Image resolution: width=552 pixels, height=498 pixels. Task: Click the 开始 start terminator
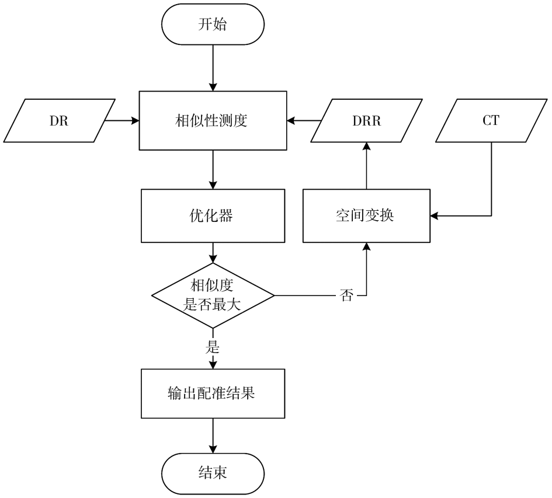tap(213, 25)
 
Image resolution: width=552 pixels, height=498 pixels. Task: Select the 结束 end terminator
tap(213, 473)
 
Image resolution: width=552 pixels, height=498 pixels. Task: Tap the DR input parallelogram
tap(59, 121)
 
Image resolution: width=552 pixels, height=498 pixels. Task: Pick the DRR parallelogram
tap(366, 121)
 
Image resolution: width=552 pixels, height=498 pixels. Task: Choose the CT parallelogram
tap(491, 121)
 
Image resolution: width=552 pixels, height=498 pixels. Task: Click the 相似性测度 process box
tap(213, 121)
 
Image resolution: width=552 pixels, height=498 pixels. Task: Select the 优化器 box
tap(213, 216)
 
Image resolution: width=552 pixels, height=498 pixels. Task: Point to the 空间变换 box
tap(366, 216)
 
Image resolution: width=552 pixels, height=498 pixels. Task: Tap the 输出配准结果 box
tap(213, 393)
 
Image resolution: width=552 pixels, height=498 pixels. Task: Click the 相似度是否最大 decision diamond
tap(213, 295)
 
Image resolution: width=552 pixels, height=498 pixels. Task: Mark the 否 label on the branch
tap(346, 295)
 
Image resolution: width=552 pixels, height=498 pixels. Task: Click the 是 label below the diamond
tap(212, 347)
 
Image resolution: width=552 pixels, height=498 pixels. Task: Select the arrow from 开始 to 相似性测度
tap(213, 68)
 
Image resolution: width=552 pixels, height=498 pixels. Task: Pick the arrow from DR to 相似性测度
tap(122, 121)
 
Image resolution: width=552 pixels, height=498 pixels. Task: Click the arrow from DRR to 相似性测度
tap(304, 121)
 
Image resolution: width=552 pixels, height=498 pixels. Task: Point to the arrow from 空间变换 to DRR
tap(366, 166)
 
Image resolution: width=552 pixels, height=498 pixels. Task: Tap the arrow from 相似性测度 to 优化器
tap(213, 170)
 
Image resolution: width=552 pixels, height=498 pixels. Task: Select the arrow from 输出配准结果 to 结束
tap(213, 436)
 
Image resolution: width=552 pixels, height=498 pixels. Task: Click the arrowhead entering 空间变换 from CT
tap(434, 216)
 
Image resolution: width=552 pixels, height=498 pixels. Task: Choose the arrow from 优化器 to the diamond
tap(213, 253)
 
